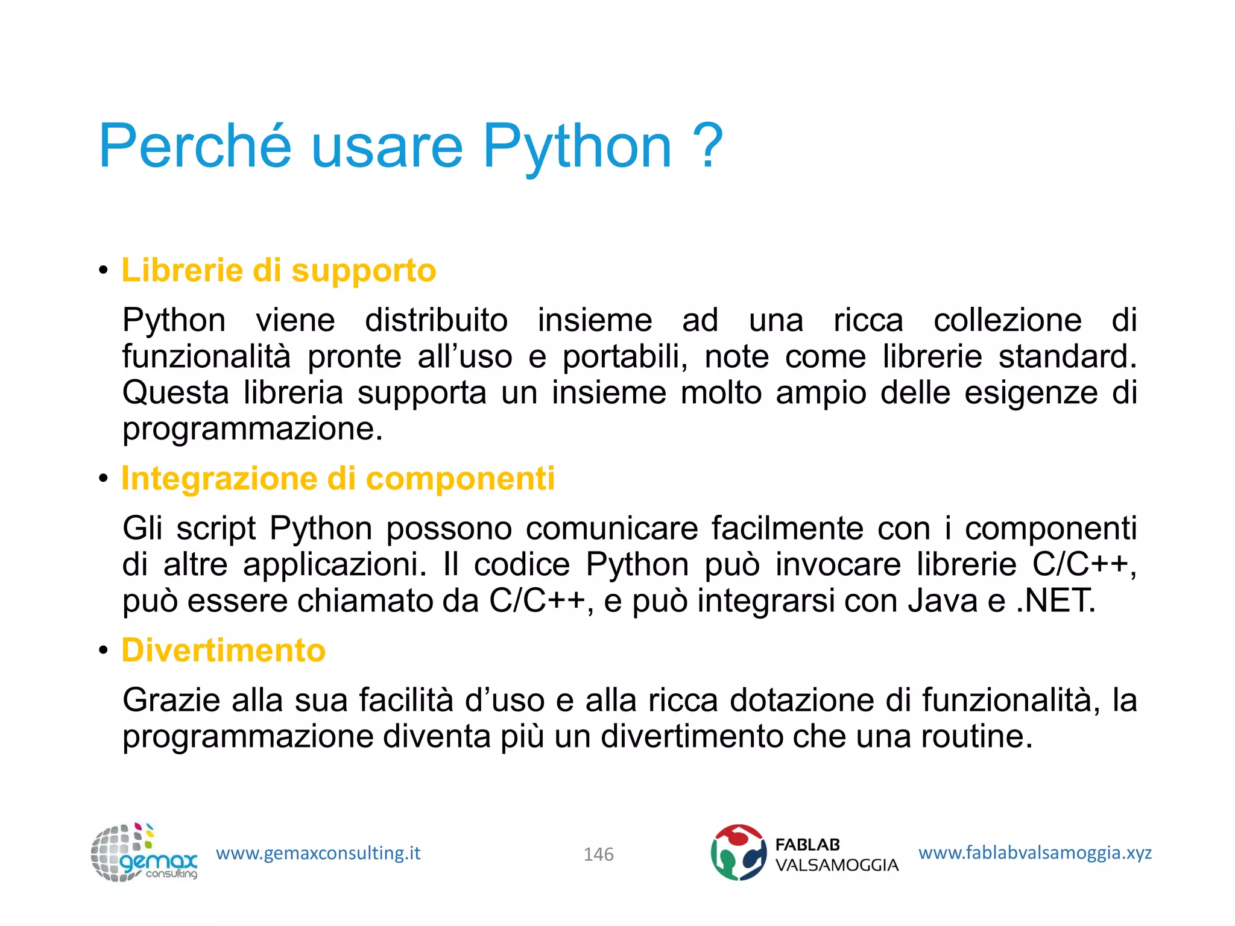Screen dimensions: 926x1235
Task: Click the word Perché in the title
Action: [195, 146]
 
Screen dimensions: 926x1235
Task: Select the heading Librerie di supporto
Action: [279, 270]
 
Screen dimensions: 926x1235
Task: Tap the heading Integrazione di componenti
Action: [338, 479]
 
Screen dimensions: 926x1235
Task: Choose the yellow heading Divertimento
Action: [224, 650]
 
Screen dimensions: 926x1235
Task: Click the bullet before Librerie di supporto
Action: [104, 271]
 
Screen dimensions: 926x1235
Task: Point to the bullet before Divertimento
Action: [104, 651]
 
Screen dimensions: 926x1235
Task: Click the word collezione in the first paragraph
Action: [1007, 320]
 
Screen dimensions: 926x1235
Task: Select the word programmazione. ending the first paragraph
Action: [253, 429]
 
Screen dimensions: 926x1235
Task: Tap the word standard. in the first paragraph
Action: [1067, 356]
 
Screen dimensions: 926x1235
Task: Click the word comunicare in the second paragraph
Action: [611, 528]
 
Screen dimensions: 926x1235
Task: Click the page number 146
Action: [598, 854]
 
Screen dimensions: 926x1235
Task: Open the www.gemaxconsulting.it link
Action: [318, 853]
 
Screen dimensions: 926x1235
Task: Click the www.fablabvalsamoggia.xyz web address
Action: [1035, 852]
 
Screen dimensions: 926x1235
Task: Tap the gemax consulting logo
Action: [144, 852]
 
